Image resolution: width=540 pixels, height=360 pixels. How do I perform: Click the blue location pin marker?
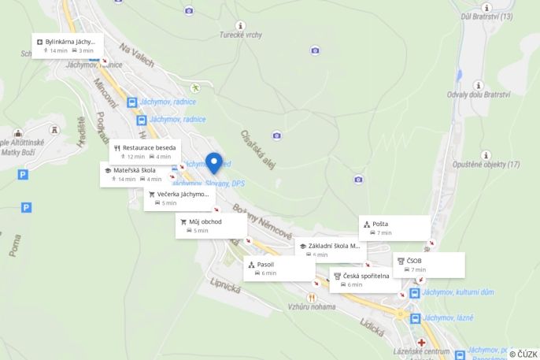pyautogui.click(x=213, y=162)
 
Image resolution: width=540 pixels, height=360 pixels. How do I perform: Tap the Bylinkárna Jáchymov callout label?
pyautogui.click(x=68, y=45)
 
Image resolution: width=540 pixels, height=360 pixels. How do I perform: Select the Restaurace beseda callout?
pyautogui.click(x=146, y=151)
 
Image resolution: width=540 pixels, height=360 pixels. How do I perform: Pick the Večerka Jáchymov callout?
pyautogui.click(x=179, y=198)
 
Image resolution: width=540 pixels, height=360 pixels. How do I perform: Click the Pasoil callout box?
pyautogui.click(x=278, y=268)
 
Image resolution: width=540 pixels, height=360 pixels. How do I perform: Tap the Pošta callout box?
pyautogui.click(x=394, y=228)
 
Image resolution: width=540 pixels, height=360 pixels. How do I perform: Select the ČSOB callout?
pyautogui.click(x=428, y=265)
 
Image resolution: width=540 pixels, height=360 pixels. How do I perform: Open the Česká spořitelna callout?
pyautogui.click(x=364, y=280)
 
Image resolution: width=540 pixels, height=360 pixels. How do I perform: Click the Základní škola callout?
pyautogui.click(x=331, y=249)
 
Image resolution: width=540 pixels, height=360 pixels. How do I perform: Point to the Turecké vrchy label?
pyautogui.click(x=240, y=35)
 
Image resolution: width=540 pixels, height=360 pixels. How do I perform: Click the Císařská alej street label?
pyautogui.click(x=257, y=147)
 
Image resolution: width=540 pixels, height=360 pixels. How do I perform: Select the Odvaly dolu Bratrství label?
pyautogui.click(x=479, y=95)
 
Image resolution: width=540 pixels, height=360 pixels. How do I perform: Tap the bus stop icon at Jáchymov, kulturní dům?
pyautogui.click(x=414, y=293)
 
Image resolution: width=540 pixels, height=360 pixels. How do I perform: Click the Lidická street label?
pyautogui.click(x=371, y=323)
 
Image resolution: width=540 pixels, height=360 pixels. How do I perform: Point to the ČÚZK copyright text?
pyautogui.click(x=523, y=354)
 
